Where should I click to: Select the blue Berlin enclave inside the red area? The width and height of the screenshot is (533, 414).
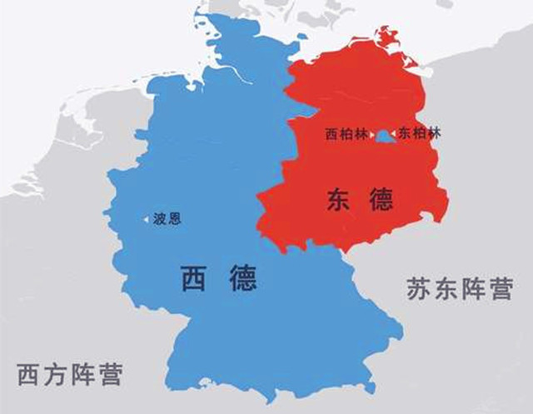pyautogui.click(x=382, y=136)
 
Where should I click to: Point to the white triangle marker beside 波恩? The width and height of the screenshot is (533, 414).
pyautogui.click(x=148, y=219)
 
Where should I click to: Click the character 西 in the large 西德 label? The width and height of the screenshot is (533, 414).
pyautogui.click(x=193, y=277)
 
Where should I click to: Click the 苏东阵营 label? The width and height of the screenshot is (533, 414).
pyautogui.click(x=459, y=289)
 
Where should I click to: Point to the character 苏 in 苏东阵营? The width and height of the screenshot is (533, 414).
pyautogui.click(x=420, y=289)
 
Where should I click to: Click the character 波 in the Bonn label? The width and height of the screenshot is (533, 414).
pyautogui.click(x=160, y=219)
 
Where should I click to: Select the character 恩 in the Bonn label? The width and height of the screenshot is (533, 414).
pyautogui.click(x=173, y=219)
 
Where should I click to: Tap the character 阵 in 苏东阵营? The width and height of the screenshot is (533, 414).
pyautogui.click(x=472, y=289)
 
